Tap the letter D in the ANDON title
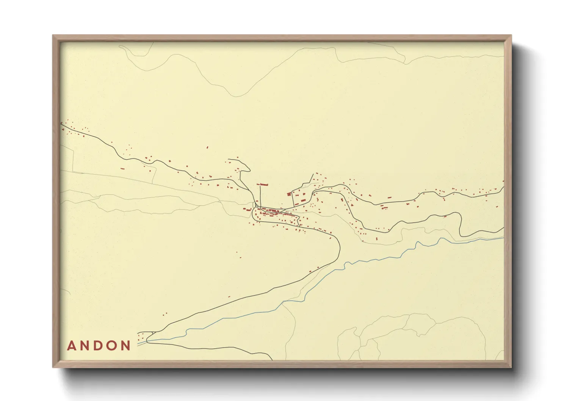[x=99, y=346]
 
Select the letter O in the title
[x=112, y=346]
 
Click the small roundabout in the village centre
[x=257, y=206]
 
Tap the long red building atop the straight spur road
[x=262, y=185]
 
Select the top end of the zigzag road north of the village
[x=313, y=174]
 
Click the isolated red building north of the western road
[x=207, y=147]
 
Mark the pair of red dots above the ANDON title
[x=165, y=314]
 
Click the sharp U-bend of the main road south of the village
[x=339, y=246]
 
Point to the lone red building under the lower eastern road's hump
[x=445, y=216]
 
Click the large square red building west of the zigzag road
[x=289, y=194]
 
